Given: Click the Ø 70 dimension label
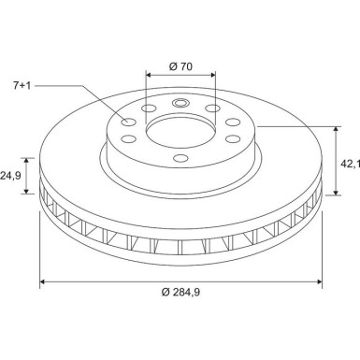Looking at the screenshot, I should click(x=181, y=65).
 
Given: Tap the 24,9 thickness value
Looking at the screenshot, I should click(x=10, y=175).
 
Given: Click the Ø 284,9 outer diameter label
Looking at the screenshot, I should click(x=181, y=295).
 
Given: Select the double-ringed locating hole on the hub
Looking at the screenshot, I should click(x=181, y=103).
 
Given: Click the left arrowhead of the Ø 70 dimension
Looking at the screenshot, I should click(x=150, y=74).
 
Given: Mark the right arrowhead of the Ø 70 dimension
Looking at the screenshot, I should click(x=213, y=74).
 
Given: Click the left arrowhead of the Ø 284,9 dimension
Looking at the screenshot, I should click(x=41, y=281).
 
